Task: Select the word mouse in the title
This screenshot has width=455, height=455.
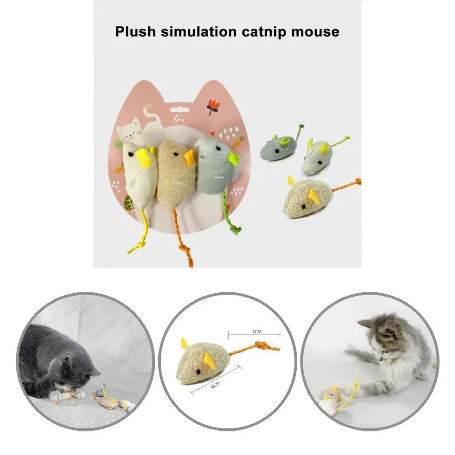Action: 319,32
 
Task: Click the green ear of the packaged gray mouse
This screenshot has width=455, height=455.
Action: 234,159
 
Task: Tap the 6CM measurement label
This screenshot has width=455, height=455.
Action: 215,385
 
